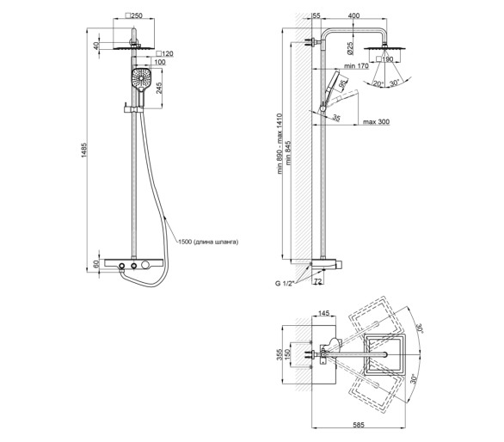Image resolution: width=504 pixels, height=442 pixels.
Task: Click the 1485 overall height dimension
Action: pos(84,150)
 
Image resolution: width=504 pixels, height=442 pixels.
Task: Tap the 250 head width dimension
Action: pos(133,15)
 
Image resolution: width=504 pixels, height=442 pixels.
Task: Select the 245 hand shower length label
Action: pos(159,88)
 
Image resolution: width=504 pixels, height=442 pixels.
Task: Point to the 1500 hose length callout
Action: pos(208,242)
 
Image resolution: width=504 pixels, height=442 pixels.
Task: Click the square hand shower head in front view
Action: pos(141,77)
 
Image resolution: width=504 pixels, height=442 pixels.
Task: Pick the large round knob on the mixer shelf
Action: pos(145,265)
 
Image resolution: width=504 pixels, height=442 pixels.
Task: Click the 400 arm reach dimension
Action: pos(353,15)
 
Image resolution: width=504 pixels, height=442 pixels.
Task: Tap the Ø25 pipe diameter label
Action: pos(350,47)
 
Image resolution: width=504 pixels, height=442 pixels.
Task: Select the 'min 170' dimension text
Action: pos(356,66)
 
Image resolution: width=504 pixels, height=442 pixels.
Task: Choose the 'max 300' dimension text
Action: pos(376,122)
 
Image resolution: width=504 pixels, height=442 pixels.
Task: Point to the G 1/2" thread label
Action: pos(285,284)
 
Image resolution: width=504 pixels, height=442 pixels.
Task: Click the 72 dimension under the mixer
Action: pos(317,281)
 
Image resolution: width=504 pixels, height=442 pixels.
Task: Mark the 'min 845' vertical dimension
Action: pos(288,153)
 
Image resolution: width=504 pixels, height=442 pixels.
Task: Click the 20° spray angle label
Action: pos(378,83)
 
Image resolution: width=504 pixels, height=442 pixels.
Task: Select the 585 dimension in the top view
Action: pos(359,425)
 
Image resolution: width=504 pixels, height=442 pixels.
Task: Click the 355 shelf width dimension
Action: pos(280,354)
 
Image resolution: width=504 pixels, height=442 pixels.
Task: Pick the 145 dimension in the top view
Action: pos(323,313)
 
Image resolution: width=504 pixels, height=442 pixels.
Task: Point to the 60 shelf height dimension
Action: pos(96,264)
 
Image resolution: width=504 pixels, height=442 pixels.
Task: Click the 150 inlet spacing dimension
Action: pos(287,354)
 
